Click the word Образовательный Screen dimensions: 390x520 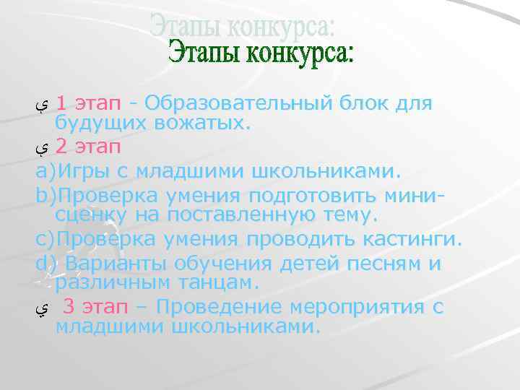pos(238,104)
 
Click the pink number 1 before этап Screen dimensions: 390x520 pos(64,104)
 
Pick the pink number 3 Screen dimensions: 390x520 pos(69,307)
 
